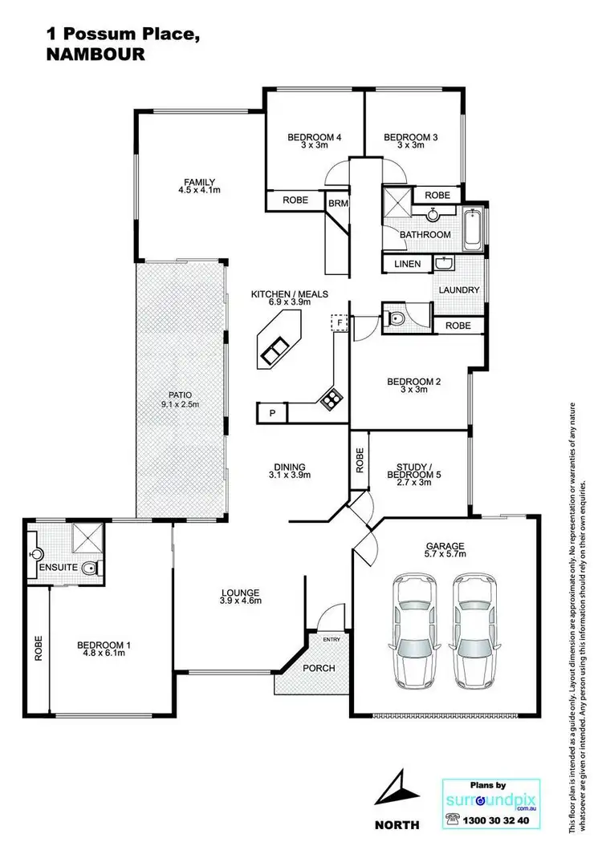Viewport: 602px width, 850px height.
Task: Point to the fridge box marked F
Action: [340, 322]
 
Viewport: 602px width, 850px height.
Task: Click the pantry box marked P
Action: [271, 413]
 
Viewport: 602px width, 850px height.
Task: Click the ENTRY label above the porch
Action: [332, 639]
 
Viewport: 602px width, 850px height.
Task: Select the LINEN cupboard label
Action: [408, 264]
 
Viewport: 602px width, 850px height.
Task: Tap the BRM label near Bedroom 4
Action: [337, 204]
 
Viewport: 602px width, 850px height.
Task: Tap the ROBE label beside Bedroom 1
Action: [38, 648]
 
